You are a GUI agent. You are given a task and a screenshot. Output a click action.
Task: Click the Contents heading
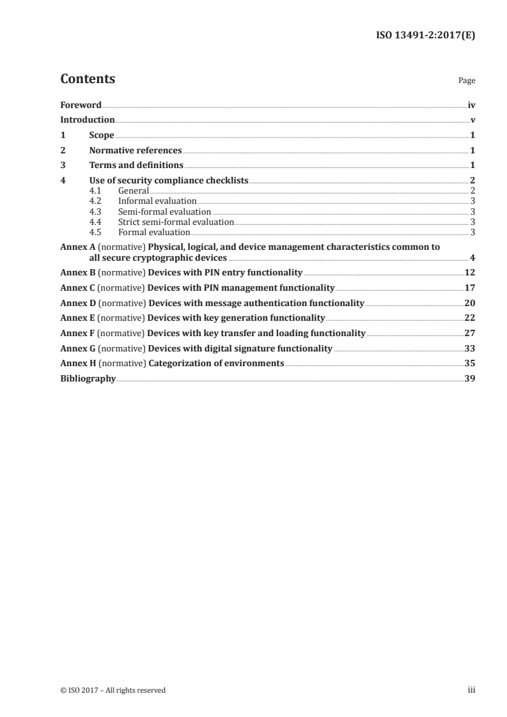[88, 79]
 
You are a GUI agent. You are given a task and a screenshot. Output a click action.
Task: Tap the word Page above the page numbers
[467, 81]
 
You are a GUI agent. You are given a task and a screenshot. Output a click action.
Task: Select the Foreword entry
[81, 105]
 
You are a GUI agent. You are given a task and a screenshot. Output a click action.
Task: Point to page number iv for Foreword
[471, 105]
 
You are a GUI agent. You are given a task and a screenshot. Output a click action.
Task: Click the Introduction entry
[88, 120]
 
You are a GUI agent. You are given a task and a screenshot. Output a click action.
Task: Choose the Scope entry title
[102, 135]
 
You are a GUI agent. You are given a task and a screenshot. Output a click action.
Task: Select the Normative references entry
[136, 151]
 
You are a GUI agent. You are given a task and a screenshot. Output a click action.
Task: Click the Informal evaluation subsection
[157, 201]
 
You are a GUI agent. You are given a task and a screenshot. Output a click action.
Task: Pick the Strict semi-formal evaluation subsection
[176, 222]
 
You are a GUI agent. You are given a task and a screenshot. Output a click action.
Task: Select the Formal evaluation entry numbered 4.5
[154, 232]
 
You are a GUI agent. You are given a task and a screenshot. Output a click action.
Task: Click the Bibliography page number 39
[470, 379]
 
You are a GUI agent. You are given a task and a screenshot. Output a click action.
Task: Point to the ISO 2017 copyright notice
[113, 690]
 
